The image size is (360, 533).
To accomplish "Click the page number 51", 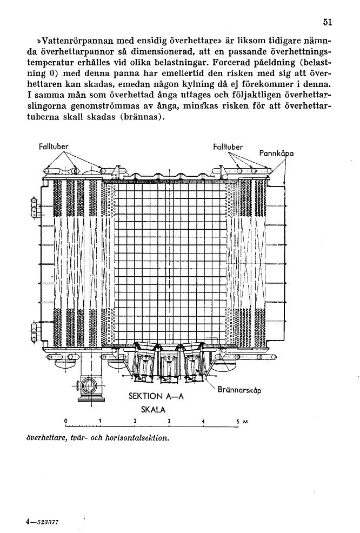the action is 327,22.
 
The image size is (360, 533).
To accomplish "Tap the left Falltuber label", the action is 54,147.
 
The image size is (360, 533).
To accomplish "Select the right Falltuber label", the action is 228,147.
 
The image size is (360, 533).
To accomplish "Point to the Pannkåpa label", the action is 276,154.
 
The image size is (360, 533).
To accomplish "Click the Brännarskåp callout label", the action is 239,390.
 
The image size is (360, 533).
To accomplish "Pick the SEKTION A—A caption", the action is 156,396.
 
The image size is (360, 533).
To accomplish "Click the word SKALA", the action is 154,410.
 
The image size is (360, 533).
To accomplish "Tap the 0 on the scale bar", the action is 66,421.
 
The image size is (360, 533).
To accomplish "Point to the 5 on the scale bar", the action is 238,422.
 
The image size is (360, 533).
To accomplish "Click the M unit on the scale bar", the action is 245,422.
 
